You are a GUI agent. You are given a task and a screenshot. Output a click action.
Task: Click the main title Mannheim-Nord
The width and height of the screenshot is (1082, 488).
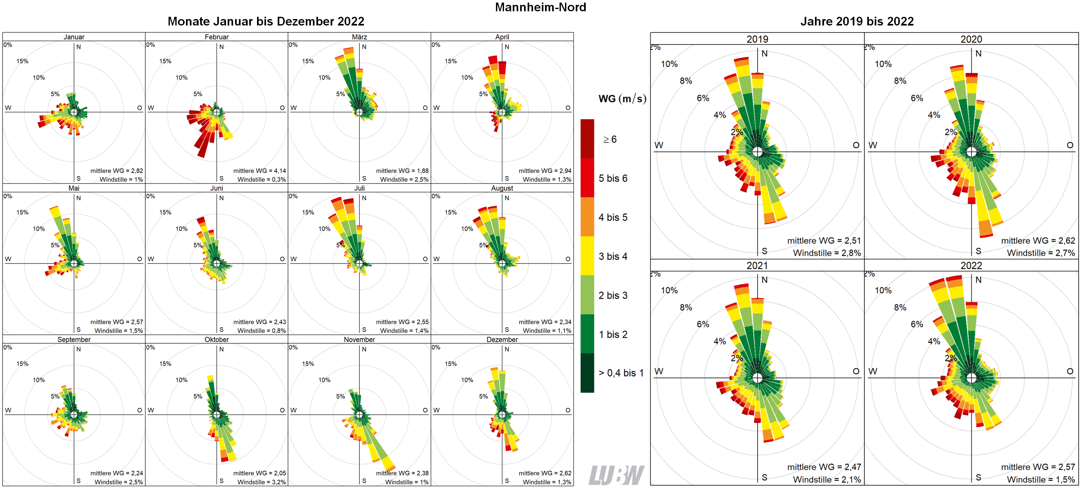[540, 7]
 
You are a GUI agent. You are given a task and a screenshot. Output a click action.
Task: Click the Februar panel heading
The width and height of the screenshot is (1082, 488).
[216, 37]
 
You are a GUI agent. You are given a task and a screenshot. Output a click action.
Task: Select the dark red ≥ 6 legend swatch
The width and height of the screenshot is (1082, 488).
[587, 139]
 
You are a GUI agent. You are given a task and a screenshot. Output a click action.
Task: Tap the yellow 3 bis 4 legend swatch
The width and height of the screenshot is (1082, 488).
[587, 256]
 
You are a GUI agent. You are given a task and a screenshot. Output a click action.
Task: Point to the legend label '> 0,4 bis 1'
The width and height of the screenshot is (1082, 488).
[621, 373]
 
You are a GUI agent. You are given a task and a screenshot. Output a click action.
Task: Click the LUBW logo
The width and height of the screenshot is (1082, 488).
[616, 475]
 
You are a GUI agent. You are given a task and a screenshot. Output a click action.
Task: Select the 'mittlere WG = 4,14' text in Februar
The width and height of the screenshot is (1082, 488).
[259, 171]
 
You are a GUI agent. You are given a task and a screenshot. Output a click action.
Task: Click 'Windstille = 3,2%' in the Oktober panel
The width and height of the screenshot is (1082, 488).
[261, 482]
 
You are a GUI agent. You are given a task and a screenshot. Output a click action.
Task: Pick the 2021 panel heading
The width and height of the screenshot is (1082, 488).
[757, 265]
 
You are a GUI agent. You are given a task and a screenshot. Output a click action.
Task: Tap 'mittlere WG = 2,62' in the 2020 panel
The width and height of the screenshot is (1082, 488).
[1037, 241]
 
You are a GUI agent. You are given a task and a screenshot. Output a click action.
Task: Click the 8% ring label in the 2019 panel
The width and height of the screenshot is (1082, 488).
[685, 81]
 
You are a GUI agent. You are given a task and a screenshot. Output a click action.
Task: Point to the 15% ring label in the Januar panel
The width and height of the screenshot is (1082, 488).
[22, 61]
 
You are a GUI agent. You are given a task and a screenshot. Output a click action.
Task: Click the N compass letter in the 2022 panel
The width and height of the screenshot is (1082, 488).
[978, 280]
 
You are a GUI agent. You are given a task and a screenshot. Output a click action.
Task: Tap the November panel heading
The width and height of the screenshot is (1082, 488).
[359, 339]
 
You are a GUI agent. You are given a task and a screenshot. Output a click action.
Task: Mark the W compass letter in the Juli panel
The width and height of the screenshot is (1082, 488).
[293, 259]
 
